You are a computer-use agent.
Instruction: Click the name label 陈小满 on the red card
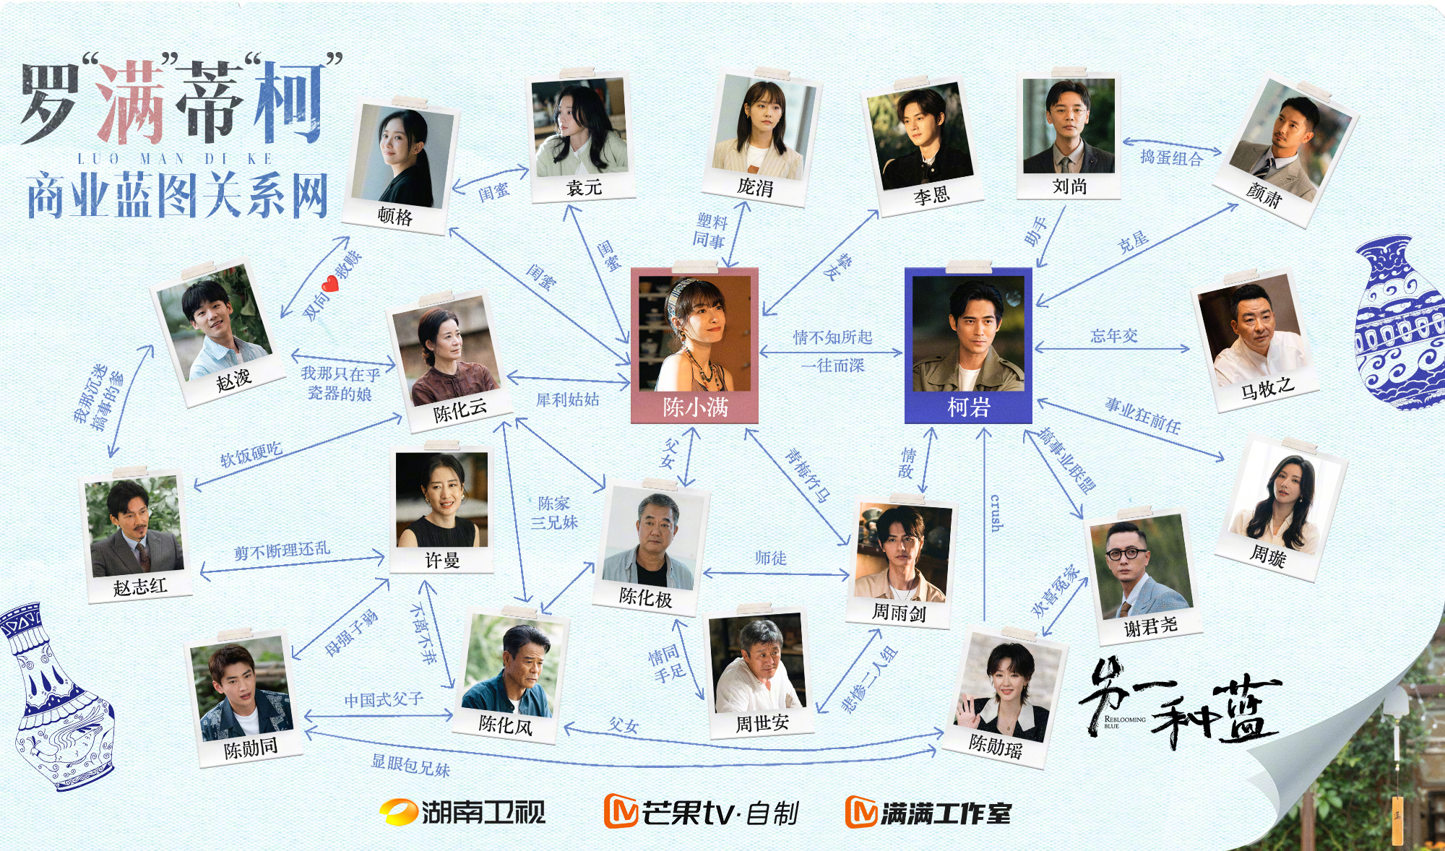point(695,407)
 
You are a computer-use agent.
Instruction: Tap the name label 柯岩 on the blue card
point(968,407)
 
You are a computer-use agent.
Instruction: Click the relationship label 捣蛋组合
point(1171,157)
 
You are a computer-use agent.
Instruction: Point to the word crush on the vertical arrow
point(996,512)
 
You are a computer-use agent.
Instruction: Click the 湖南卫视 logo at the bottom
point(462,812)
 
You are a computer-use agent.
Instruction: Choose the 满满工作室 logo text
point(928,813)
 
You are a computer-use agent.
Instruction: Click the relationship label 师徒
point(770,558)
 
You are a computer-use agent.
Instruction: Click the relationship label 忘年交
point(1114,336)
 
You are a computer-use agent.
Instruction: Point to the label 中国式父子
point(384,700)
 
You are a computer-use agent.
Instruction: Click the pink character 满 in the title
point(131,102)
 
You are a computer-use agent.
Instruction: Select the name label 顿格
point(395,216)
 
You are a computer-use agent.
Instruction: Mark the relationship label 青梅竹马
point(808,475)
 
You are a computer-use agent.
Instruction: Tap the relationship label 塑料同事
point(710,231)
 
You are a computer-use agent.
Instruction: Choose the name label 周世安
point(762,723)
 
